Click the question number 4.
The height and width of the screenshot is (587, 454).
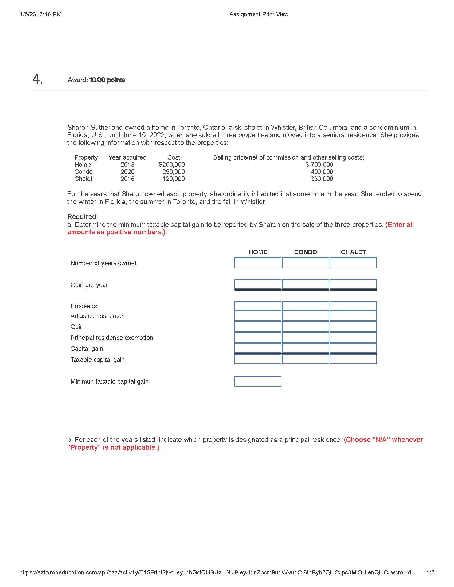[x=37, y=79]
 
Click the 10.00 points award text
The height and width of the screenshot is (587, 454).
[x=107, y=80]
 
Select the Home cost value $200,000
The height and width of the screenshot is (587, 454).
[x=172, y=164]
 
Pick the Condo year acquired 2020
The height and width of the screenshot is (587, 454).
[x=127, y=172]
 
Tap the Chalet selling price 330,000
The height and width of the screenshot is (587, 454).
[x=322, y=179]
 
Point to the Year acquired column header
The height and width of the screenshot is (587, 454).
[x=127, y=157]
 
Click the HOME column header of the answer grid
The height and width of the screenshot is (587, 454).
[x=258, y=252]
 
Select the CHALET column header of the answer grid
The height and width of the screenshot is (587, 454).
[x=353, y=252]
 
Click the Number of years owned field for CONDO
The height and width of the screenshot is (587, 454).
[x=306, y=263]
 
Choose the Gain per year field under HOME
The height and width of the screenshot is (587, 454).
[x=258, y=284]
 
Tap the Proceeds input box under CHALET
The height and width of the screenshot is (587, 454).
[x=353, y=306]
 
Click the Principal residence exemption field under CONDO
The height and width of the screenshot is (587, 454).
[x=306, y=338]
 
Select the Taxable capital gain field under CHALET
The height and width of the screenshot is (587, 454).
[x=353, y=359]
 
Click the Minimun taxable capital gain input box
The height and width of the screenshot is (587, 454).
[x=258, y=381]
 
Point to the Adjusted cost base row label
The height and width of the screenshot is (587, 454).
[x=97, y=316]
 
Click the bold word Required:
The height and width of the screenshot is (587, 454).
[x=83, y=217]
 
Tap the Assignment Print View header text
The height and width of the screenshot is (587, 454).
[x=259, y=14]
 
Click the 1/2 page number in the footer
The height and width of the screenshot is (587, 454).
[x=430, y=573]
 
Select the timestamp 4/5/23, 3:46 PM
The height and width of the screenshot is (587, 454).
[x=40, y=14]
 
